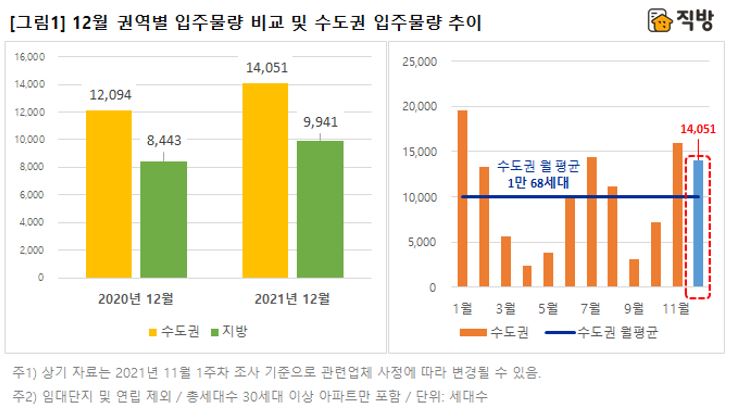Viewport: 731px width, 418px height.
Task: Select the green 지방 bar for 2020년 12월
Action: coord(163,219)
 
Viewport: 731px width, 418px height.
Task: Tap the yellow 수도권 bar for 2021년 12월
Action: coord(265,180)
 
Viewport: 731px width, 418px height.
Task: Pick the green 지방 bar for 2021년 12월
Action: coord(320,209)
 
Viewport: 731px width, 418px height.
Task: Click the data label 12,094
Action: coord(108,96)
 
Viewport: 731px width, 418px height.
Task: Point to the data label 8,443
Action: coord(164,139)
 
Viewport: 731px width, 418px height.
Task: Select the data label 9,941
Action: coord(320,123)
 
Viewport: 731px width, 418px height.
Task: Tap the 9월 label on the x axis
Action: coord(633,306)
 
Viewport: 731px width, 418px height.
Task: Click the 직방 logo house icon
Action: coord(657,21)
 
